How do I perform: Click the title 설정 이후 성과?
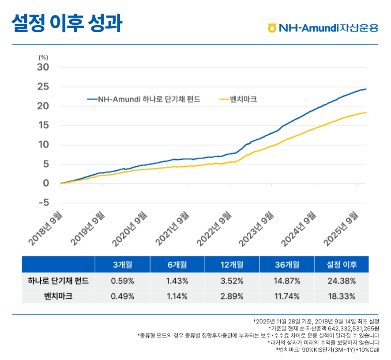[67, 24]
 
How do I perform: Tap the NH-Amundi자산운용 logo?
[323, 28]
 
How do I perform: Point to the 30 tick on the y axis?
[43, 67]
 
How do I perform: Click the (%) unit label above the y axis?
[43, 57]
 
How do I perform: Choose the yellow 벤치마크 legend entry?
[238, 99]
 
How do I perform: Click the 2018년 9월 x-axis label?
[46, 228]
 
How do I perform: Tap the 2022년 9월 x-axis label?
[214, 228]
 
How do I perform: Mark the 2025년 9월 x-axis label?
[341, 228]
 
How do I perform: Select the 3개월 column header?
[122, 265]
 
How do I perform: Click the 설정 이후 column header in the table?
[342, 265]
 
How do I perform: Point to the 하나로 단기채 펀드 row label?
[58, 281]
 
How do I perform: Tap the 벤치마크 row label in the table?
[58, 296]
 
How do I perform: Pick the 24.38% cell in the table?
[342, 281]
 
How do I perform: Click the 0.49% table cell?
[122, 296]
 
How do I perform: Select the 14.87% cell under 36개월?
[287, 281]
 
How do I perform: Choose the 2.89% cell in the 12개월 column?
[232, 296]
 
